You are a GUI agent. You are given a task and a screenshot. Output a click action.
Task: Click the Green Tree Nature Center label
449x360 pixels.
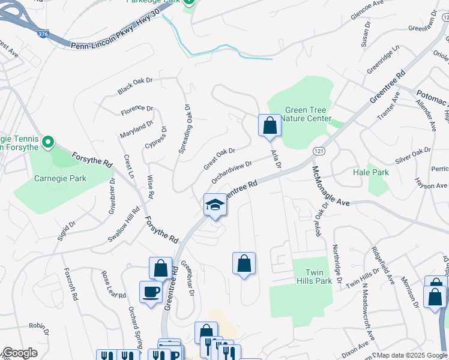(x=307, y=114)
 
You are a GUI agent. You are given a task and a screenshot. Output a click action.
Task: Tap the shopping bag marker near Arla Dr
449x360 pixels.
(x=270, y=125)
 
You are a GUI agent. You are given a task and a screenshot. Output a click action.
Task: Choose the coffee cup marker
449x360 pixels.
(x=151, y=292)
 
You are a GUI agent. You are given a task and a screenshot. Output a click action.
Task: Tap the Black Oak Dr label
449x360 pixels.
(x=136, y=86)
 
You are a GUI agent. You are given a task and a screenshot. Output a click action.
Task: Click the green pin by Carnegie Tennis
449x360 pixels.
(x=47, y=143)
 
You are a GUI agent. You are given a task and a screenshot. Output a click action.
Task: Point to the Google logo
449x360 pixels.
(x=19, y=353)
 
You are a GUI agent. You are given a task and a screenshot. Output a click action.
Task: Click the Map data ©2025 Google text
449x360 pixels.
(x=412, y=355)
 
